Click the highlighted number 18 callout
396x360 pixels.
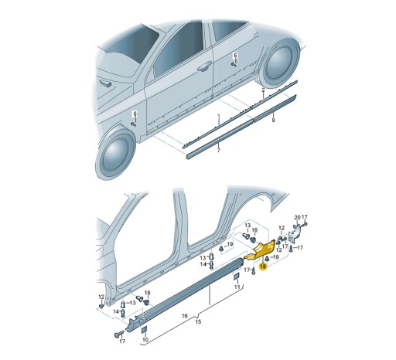(262, 266)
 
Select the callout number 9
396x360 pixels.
(272, 121)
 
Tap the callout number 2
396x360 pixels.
(262, 90)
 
